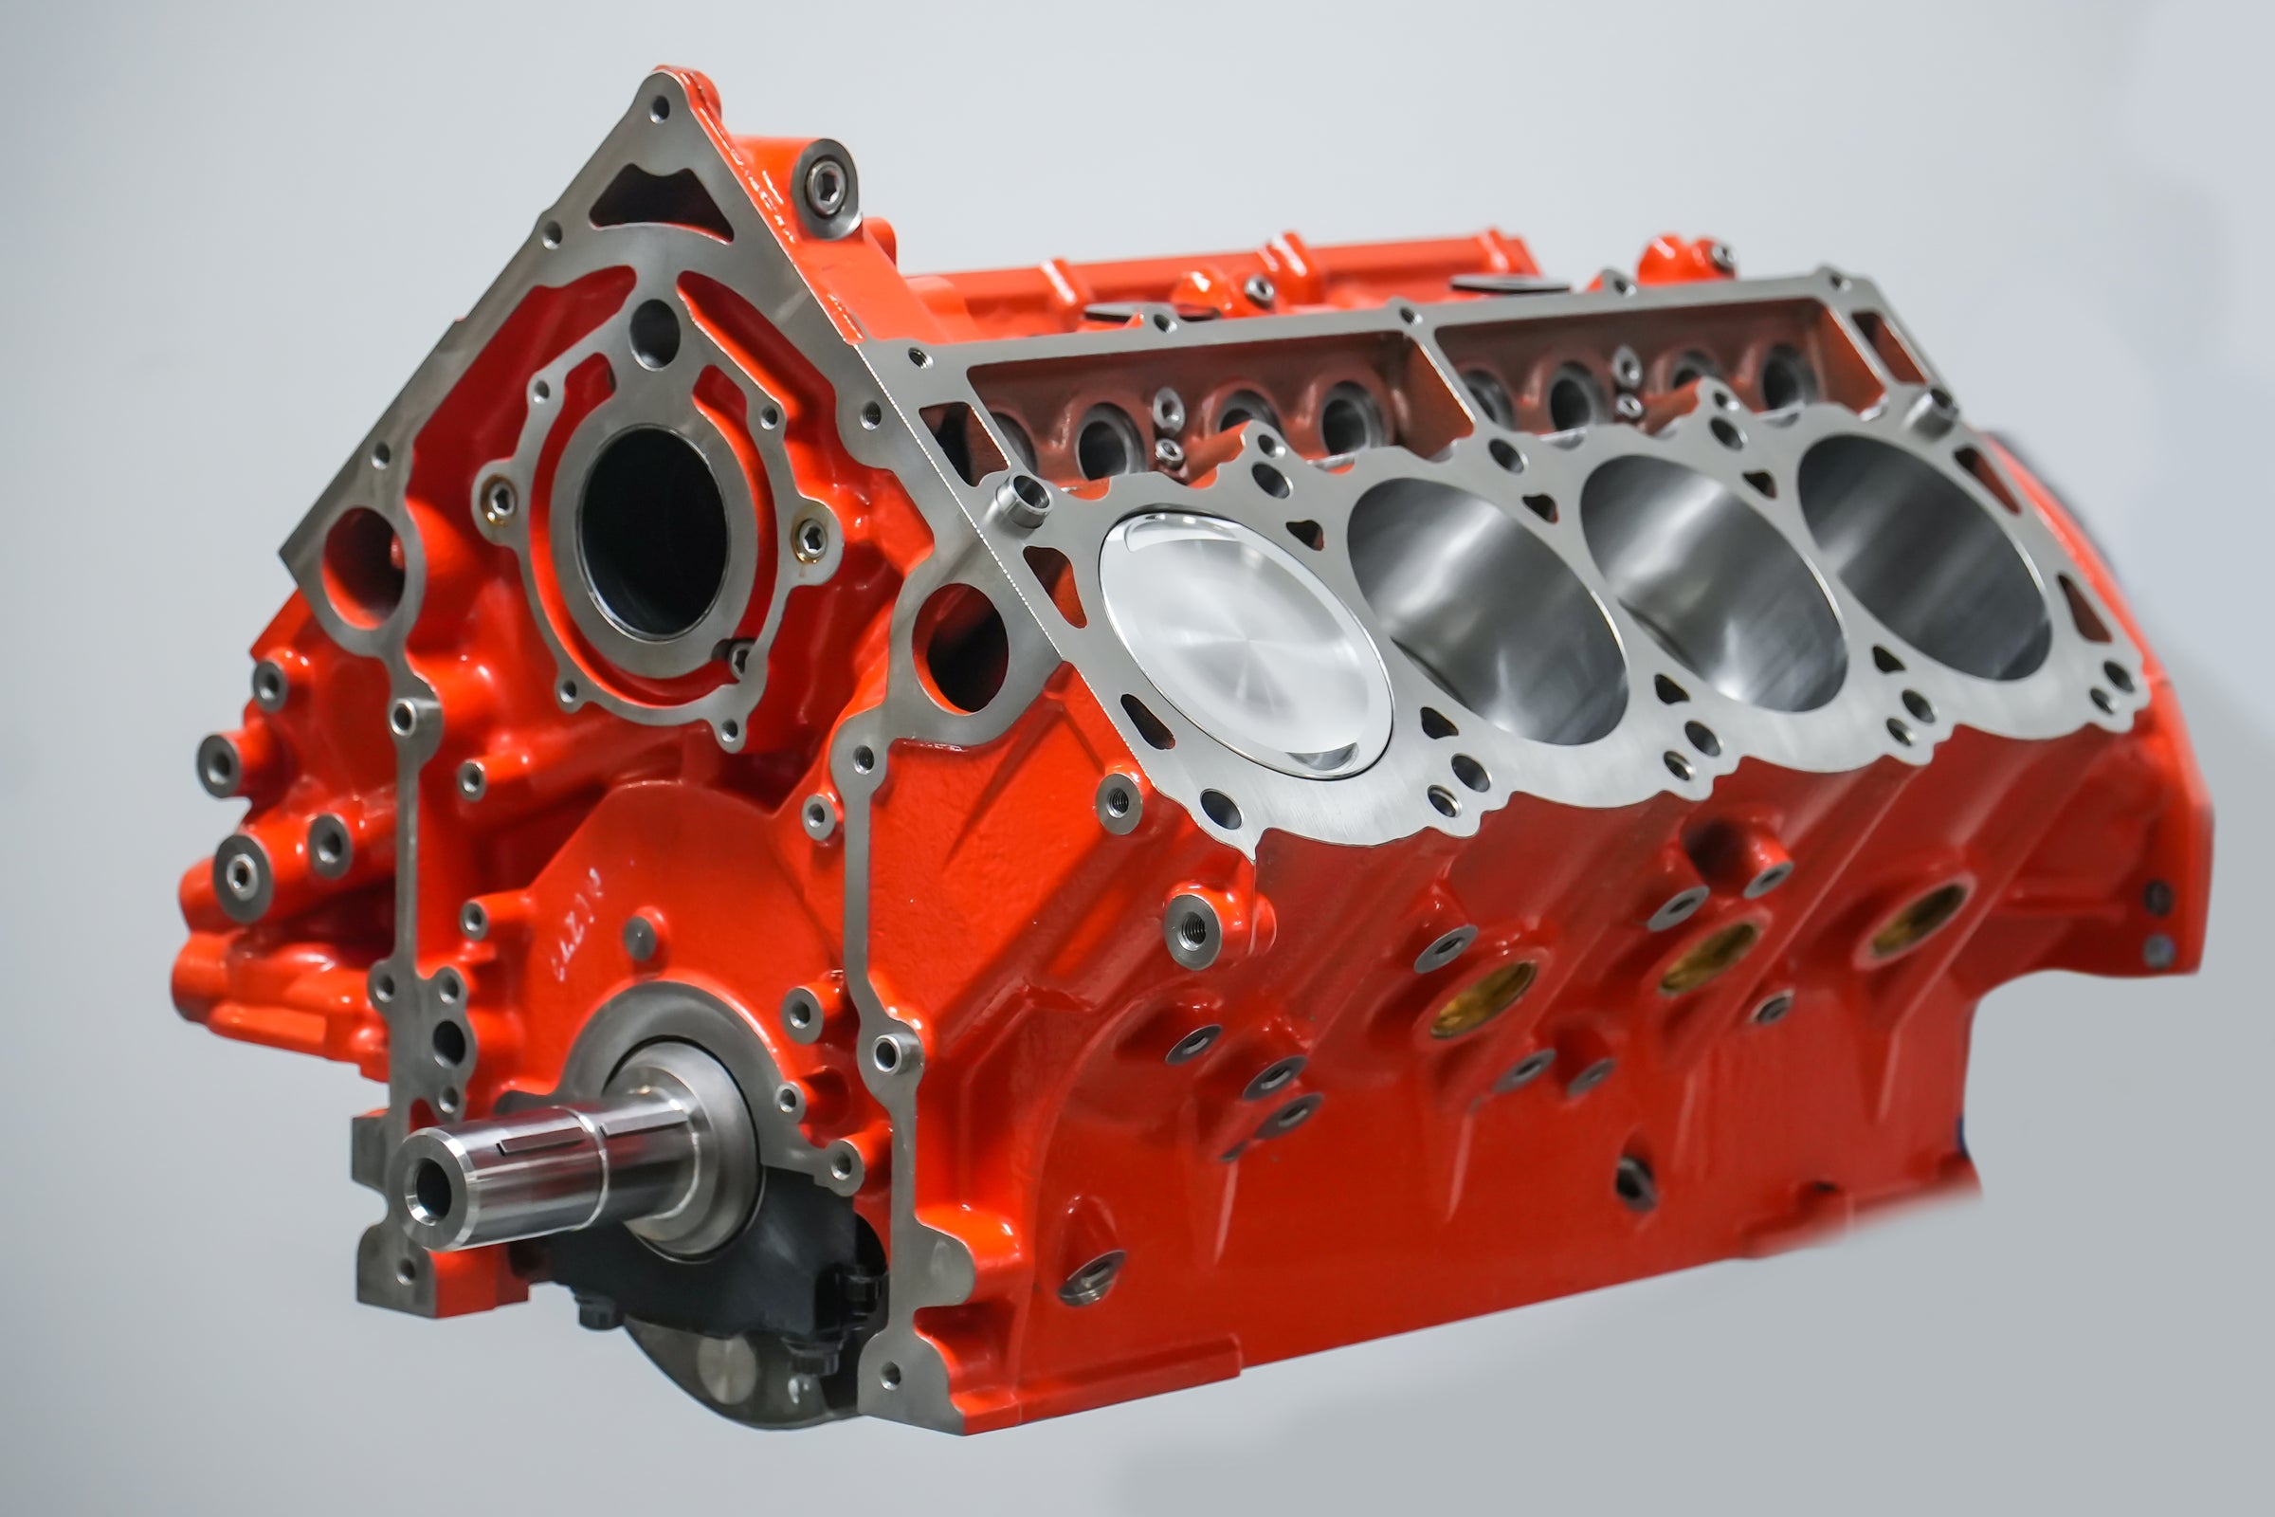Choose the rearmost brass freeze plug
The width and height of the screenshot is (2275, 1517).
point(1920,909)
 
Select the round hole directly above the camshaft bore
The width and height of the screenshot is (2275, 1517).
point(654,334)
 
